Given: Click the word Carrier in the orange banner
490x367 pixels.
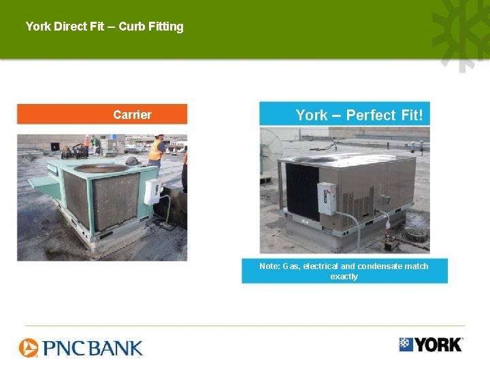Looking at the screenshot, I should (132, 115).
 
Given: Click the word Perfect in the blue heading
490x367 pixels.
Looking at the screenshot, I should (371, 115).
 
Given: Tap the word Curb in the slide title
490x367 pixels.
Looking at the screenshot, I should (131, 27).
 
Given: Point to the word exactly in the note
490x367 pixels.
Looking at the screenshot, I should (344, 277).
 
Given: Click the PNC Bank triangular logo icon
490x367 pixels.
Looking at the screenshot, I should (29, 348).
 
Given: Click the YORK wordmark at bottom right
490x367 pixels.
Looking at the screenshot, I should (438, 345).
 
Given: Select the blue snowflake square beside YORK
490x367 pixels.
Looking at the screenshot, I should (406, 344).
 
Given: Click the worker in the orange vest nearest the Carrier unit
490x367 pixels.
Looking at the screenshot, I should (157, 151).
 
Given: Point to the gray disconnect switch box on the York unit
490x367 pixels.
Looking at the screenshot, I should (327, 198).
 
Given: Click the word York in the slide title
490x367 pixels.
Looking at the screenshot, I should (39, 27).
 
